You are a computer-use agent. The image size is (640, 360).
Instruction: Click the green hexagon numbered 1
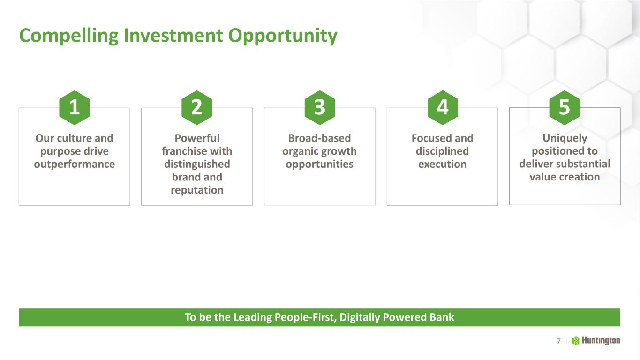click(74, 108)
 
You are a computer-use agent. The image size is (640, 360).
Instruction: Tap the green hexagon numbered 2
click(197, 108)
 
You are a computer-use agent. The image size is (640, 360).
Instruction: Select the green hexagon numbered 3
click(320, 108)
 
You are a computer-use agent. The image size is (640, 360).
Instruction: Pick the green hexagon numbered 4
click(443, 108)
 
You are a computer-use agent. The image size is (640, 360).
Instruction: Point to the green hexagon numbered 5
click(565, 108)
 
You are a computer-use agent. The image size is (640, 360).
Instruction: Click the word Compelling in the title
click(68, 36)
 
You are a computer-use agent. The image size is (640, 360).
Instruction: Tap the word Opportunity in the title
click(283, 36)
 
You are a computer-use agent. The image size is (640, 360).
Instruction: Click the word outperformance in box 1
click(74, 165)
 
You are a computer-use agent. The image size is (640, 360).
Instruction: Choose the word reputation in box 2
click(197, 190)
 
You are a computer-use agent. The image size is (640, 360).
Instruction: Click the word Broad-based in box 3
click(319, 138)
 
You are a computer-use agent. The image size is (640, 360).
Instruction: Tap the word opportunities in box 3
click(319, 165)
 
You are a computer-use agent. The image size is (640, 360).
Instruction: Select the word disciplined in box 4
click(442, 151)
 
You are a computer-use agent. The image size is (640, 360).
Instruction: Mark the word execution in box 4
click(442, 164)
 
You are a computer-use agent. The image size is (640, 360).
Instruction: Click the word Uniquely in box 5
click(565, 138)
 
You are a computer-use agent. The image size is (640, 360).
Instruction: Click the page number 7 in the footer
click(559, 341)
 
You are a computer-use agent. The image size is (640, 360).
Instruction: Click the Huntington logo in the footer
click(596, 341)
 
